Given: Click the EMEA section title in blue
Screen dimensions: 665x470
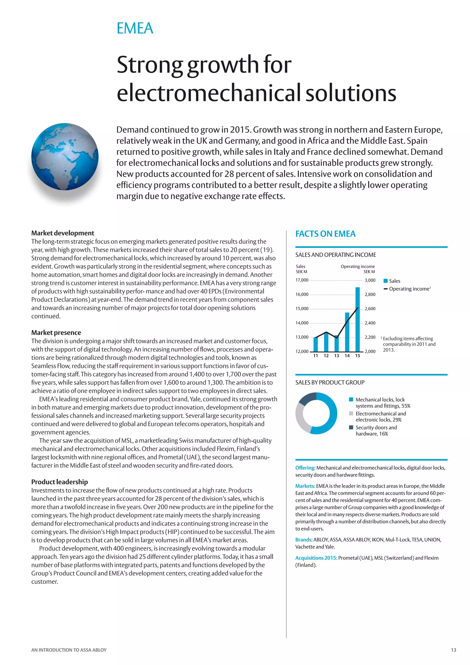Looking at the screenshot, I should [135, 28].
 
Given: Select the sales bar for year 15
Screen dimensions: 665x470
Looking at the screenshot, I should [357, 318].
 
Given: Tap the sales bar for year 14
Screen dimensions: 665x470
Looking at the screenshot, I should [347, 332].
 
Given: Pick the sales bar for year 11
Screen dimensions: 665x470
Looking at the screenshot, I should [316, 344].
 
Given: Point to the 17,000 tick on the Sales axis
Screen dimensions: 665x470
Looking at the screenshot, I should [302, 280].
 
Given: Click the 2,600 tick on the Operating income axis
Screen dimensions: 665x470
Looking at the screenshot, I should [370, 309].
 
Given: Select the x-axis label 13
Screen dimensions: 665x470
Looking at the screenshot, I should [337, 356].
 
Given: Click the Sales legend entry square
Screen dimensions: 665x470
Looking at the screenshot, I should [386, 281].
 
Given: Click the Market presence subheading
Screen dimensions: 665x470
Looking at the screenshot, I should [56, 332].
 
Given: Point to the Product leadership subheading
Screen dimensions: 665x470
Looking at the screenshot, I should [60, 482].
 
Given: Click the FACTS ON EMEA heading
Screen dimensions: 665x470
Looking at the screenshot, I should [325, 234].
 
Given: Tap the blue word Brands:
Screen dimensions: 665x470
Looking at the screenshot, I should [304, 540].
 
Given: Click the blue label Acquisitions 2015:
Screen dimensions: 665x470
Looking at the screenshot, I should [316, 558].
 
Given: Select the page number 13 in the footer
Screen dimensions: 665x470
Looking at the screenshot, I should [453, 650].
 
